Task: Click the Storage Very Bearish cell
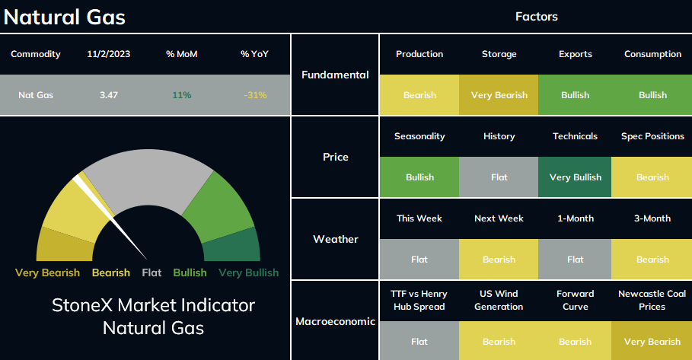pyautogui.click(x=499, y=95)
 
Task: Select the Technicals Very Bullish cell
pyautogui.click(x=575, y=177)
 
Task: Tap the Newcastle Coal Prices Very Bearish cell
pyautogui.click(x=652, y=342)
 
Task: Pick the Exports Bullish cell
pyautogui.click(x=575, y=95)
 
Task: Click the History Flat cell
pyautogui.click(x=499, y=177)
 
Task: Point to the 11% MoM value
pyautogui.click(x=182, y=95)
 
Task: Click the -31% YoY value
pyautogui.click(x=255, y=95)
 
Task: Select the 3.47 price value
pyautogui.click(x=109, y=95)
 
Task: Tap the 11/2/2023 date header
pyautogui.click(x=109, y=54)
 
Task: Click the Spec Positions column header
pyautogui.click(x=652, y=136)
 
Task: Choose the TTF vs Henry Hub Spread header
pyautogui.click(x=419, y=300)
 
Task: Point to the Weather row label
pyautogui.click(x=336, y=239)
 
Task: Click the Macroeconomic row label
pyautogui.click(x=336, y=321)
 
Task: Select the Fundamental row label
pyautogui.click(x=336, y=75)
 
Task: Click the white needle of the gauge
pyautogui.click(x=110, y=217)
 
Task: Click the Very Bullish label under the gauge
pyautogui.click(x=248, y=272)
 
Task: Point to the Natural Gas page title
pyautogui.click(x=65, y=18)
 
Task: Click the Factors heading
pyautogui.click(x=537, y=17)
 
